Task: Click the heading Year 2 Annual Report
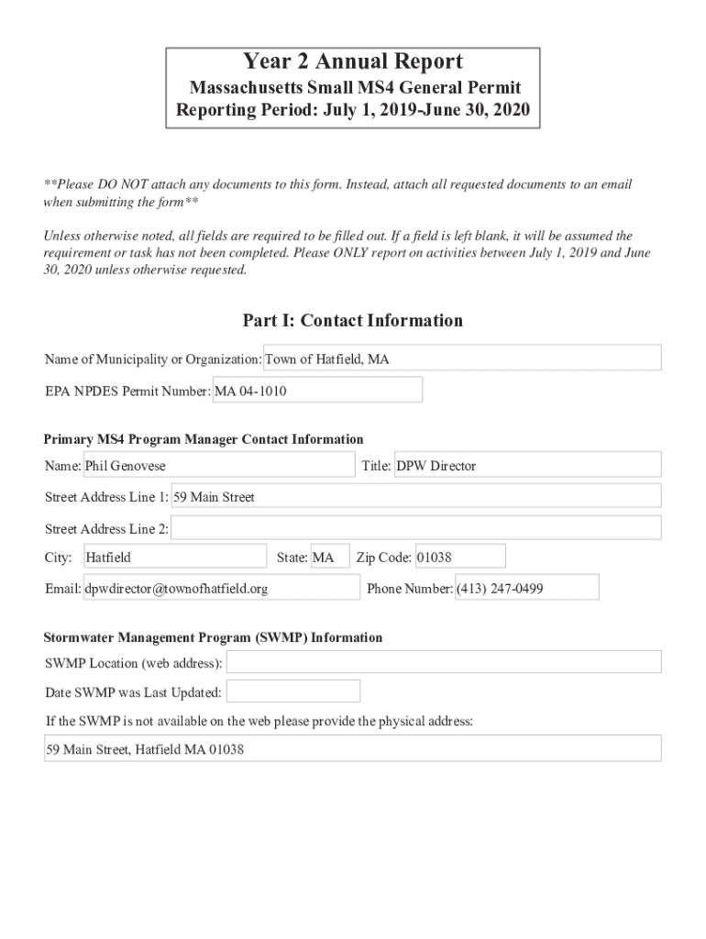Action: point(353,62)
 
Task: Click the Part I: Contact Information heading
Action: point(353,320)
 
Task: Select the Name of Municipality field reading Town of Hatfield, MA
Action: point(462,359)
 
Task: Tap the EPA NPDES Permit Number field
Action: point(317,391)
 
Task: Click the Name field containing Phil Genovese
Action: point(218,465)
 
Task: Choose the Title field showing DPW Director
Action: point(527,465)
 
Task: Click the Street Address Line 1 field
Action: point(416,496)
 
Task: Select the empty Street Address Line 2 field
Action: point(416,528)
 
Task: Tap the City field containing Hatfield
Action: point(174,557)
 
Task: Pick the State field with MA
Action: point(330,557)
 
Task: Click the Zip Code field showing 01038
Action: point(459,557)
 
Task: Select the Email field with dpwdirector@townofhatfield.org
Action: point(221,588)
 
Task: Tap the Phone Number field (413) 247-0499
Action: point(526,588)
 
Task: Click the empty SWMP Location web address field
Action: point(444,662)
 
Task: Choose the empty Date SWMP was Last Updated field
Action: point(293,691)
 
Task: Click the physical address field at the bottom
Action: point(353,748)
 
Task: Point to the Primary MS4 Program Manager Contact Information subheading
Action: point(204,439)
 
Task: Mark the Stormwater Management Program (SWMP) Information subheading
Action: point(214,637)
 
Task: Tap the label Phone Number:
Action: point(410,589)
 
